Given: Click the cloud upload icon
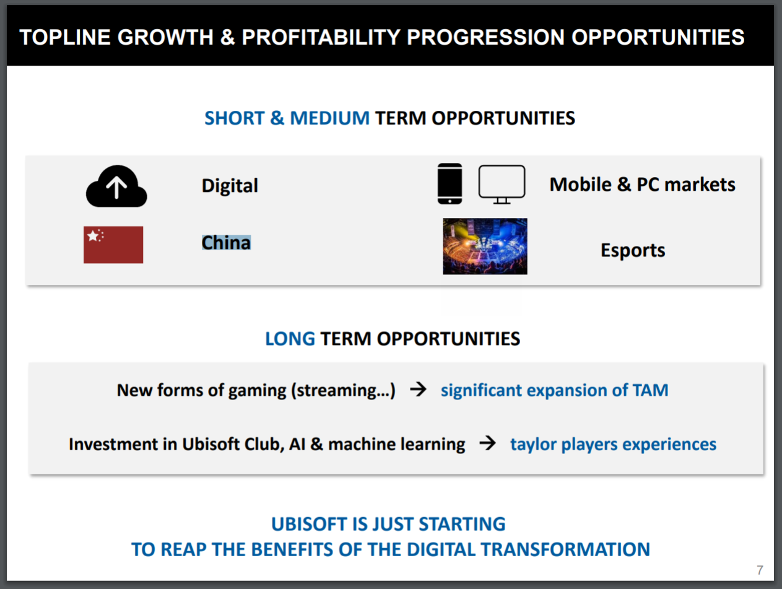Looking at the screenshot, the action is pos(116,186).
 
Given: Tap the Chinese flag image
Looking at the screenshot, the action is pos(113,245).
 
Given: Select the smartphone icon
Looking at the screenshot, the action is pos(450,183).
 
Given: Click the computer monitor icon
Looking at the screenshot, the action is pos(502,184).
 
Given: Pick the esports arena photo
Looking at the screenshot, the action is pos(485,247).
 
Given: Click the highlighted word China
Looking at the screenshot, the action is pos(226,243).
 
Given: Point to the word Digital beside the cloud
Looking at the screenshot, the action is pos(230,186).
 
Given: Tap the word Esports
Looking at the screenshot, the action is pos(633,250).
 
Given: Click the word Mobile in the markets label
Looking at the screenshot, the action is pos(581,184).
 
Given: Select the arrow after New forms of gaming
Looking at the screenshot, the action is pos(418,389).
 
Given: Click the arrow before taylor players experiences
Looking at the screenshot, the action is pos(487,443).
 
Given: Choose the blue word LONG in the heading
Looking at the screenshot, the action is pos(290,339).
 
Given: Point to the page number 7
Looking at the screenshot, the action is pos(760,570).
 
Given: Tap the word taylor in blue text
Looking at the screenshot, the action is pos(533,444).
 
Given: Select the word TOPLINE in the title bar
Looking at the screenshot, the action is pos(65,37).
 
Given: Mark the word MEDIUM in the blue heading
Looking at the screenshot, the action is pos(330,118).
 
